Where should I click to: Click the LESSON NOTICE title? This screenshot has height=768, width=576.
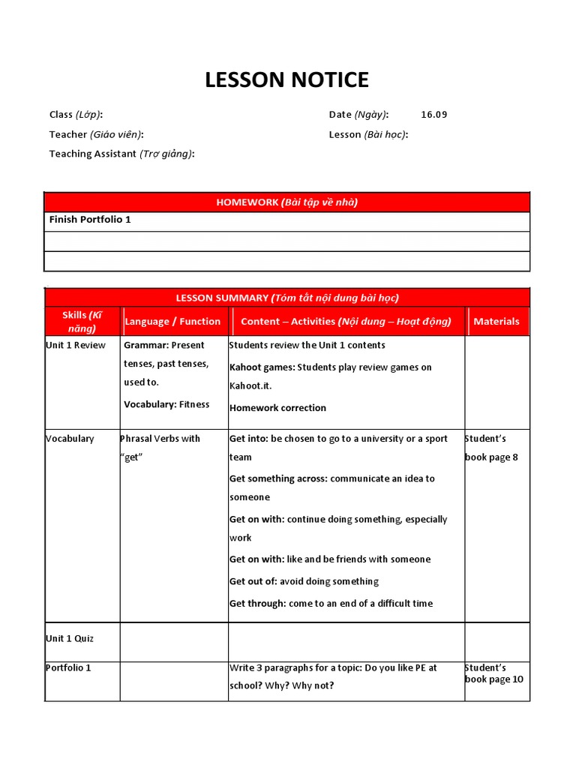coord(287,79)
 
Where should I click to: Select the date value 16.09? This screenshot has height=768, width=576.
coord(433,115)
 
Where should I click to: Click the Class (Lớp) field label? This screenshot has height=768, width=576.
coord(76,115)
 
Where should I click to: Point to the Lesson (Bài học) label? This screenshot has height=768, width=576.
coord(368,134)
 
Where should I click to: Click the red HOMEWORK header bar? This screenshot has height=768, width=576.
coord(287,202)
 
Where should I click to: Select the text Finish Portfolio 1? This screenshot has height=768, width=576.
coord(90,220)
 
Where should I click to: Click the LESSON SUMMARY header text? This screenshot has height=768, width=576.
coord(287,298)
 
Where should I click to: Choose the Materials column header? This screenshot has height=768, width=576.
coord(496,321)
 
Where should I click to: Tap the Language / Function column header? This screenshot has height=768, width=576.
coord(172,321)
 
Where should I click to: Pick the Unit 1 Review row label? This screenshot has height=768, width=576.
coord(76,346)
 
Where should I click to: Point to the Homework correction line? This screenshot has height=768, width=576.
coord(277,408)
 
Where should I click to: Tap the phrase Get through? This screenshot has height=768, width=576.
coord(257,603)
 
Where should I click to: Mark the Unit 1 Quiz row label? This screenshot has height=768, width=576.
coord(70,638)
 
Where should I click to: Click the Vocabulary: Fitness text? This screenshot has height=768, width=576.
coord(166,404)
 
